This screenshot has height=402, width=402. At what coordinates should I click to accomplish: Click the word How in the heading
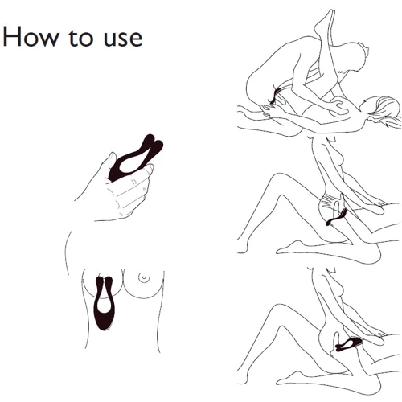point(31,37)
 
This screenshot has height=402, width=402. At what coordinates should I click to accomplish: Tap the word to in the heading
point(80,38)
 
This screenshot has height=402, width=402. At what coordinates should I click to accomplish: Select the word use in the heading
point(123,40)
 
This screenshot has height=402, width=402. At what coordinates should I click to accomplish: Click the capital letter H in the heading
point(12,37)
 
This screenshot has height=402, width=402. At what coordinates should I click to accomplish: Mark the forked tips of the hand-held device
point(154,142)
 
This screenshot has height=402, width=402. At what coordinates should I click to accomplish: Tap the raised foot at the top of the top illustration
point(326,20)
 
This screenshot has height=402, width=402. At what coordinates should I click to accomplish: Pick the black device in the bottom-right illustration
point(348,344)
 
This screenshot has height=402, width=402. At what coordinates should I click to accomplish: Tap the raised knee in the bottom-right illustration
point(279,308)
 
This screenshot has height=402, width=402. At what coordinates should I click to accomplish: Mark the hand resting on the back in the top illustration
point(338,107)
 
